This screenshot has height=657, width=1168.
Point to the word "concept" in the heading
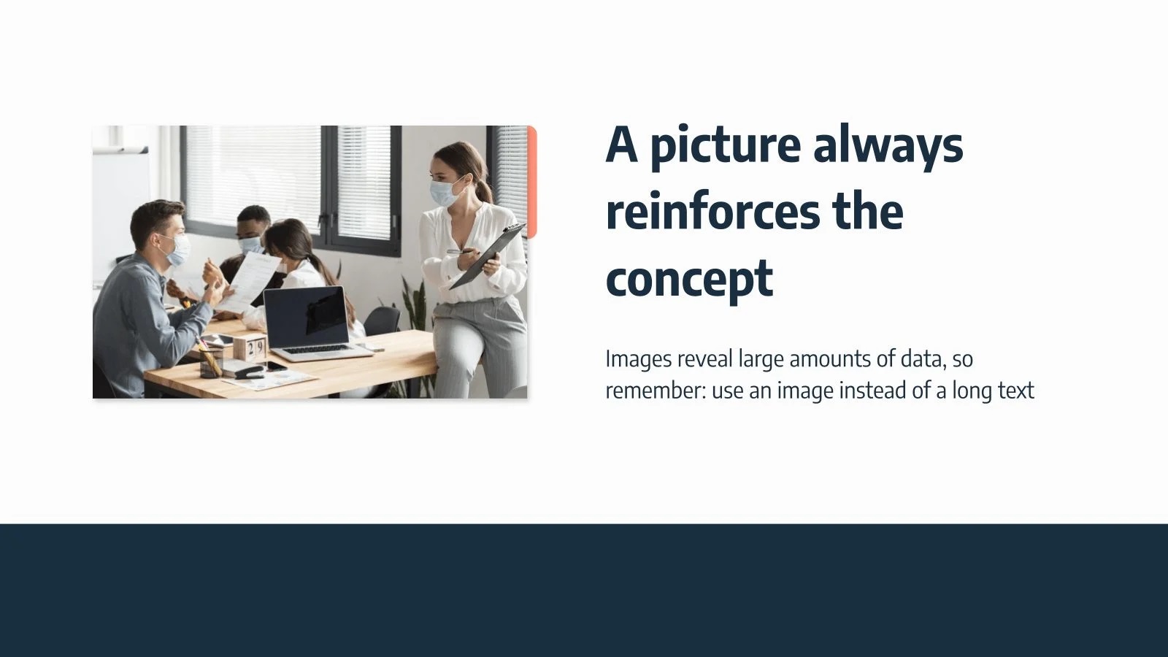[x=689, y=280]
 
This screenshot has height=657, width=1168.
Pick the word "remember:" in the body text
[x=656, y=390]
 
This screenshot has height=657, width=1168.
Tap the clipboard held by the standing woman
[x=488, y=255]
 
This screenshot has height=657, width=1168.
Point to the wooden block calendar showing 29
[x=250, y=347]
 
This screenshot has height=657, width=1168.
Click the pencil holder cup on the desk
[x=211, y=362]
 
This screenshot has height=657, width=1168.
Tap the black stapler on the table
[x=249, y=372]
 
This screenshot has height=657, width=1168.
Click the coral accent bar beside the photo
[x=531, y=182]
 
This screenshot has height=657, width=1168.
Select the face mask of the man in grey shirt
[x=177, y=250]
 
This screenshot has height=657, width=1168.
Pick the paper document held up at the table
[x=253, y=282]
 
